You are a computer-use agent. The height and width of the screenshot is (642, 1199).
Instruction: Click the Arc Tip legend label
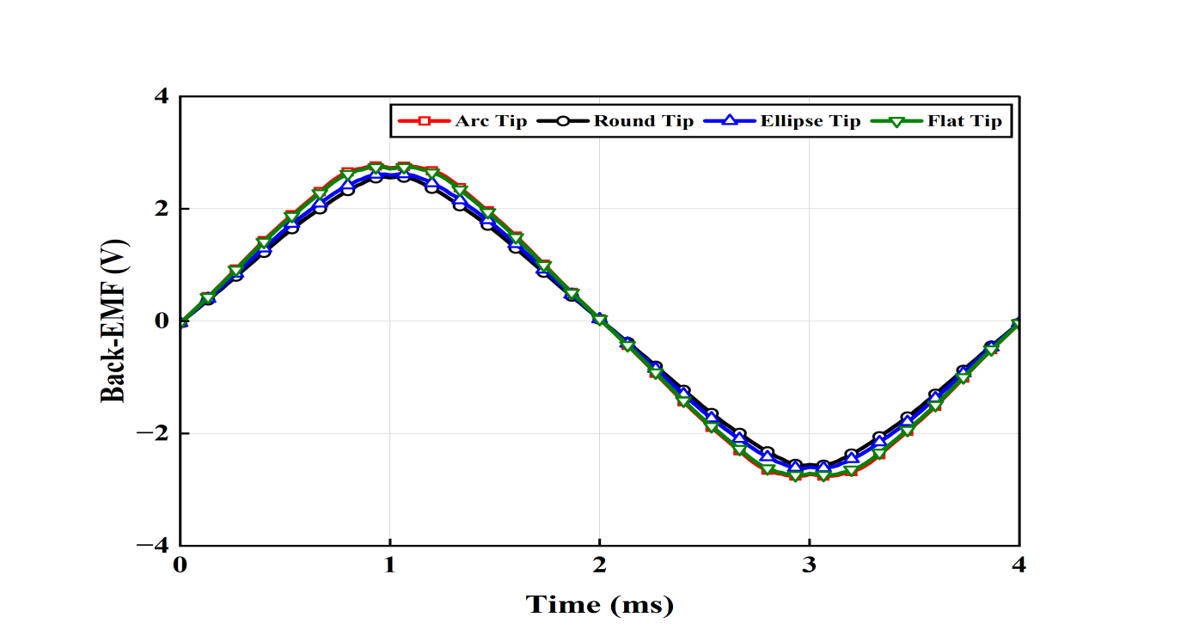pyautogui.click(x=491, y=121)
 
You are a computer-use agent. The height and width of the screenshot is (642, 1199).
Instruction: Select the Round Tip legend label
pyautogui.click(x=643, y=121)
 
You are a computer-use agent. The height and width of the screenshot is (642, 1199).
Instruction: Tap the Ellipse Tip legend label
pyautogui.click(x=810, y=121)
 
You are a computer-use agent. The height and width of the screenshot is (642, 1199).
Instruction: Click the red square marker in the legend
pyautogui.click(x=424, y=121)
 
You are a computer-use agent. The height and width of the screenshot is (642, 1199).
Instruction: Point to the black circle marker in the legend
pyautogui.click(x=563, y=121)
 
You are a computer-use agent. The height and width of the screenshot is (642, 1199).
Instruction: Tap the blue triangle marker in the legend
pyautogui.click(x=730, y=121)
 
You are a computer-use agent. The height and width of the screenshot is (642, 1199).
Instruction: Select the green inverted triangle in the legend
pyautogui.click(x=896, y=121)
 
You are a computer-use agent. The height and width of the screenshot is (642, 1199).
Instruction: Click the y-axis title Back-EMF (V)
pyautogui.click(x=114, y=321)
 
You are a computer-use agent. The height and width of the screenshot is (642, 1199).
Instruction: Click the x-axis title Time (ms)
pyautogui.click(x=599, y=605)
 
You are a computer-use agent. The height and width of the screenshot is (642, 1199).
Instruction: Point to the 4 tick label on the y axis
pyautogui.click(x=161, y=97)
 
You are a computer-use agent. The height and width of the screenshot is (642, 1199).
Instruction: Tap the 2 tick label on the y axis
pyautogui.click(x=161, y=209)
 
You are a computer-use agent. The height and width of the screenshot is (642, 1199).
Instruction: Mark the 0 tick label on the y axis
pyautogui.click(x=161, y=321)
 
